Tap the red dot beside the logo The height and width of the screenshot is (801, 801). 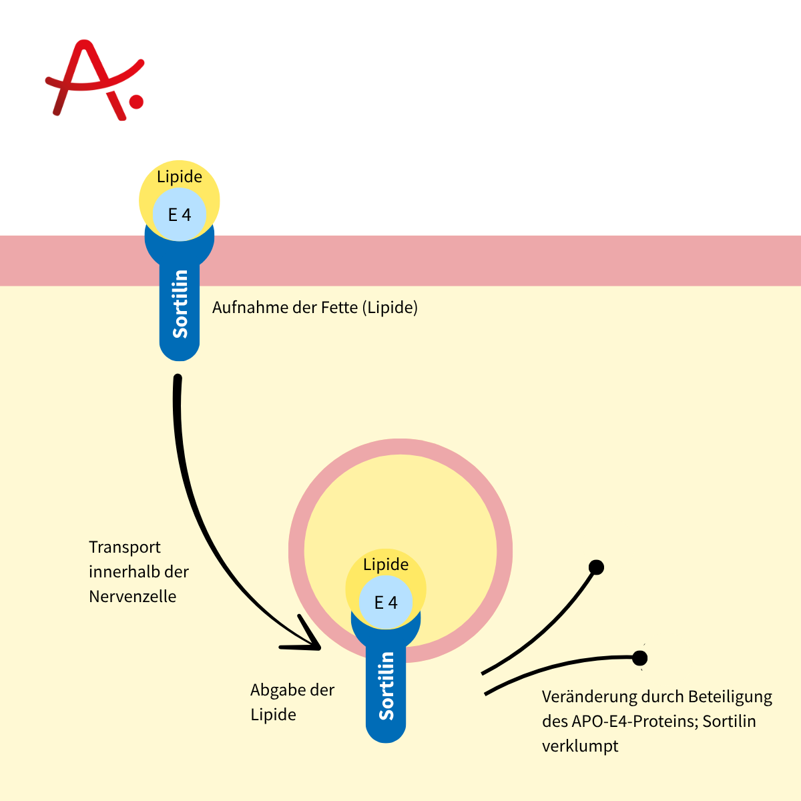(x=136, y=101)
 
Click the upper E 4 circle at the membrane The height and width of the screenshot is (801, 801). (x=180, y=214)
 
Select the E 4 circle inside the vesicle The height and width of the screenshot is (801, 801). (x=386, y=602)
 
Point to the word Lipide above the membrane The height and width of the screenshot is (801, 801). (x=180, y=177)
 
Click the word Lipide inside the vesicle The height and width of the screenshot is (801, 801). (x=386, y=565)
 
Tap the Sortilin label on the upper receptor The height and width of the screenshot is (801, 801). (x=180, y=304)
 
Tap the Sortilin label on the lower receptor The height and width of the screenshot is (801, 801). (x=386, y=686)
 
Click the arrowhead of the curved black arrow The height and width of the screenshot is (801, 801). (x=308, y=641)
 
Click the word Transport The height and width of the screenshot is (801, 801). (x=125, y=547)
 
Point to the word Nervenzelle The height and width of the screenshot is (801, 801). (x=132, y=597)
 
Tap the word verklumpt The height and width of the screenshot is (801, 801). (x=580, y=746)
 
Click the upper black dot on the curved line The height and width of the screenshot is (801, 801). (x=596, y=567)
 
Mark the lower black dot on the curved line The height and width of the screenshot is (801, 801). (x=639, y=658)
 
